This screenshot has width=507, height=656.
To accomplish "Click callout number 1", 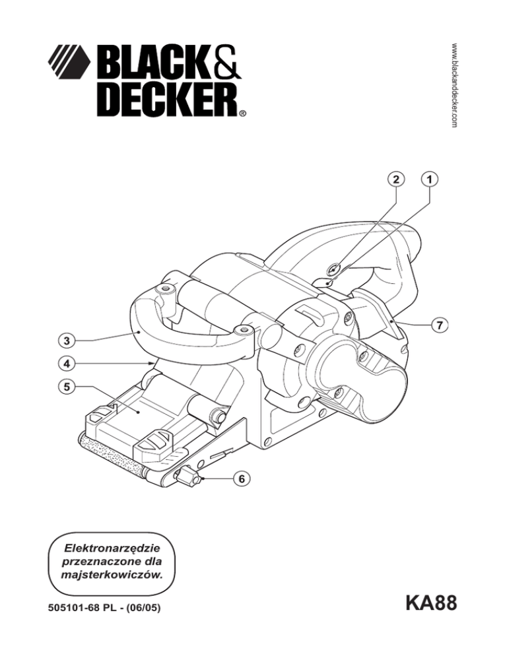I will point(430,179).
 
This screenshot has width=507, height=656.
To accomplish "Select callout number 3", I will point(65,341).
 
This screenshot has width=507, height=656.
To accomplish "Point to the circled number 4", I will point(65,362).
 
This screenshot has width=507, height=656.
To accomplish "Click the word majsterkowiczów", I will point(107,575).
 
